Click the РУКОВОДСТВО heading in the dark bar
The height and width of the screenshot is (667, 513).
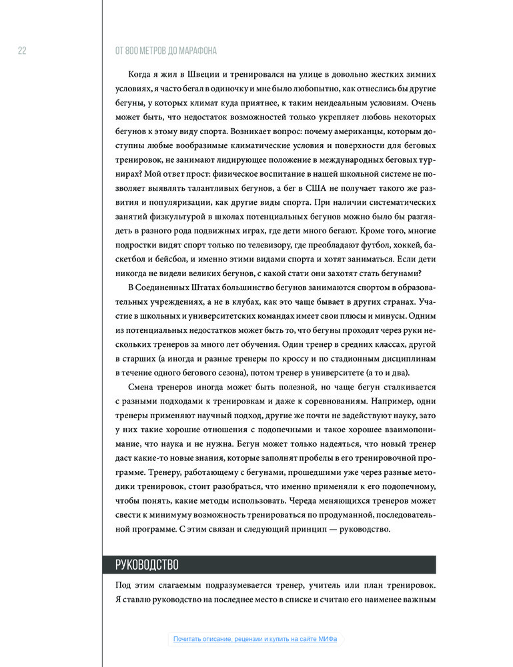[x=147, y=565]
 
